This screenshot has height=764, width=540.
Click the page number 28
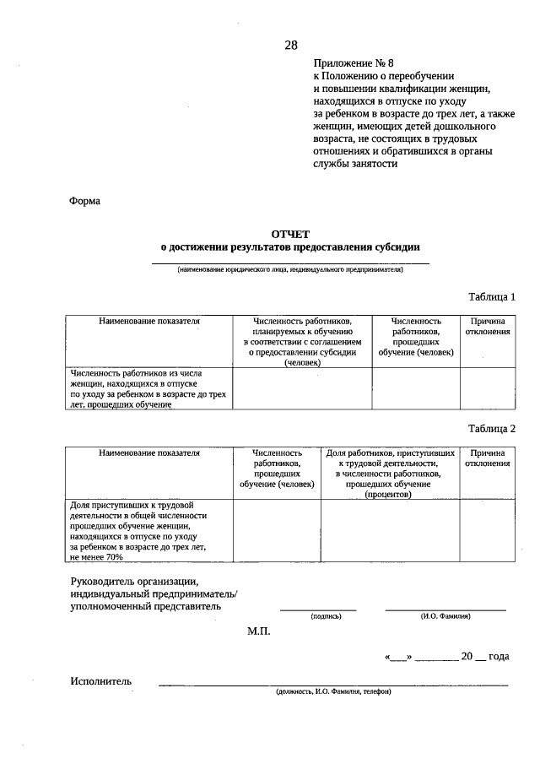click(290, 45)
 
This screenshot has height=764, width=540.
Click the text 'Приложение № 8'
click(354, 62)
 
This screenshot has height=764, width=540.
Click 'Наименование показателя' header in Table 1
click(149, 322)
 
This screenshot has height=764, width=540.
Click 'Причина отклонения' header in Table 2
click(488, 458)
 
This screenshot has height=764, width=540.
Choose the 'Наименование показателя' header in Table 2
click(149, 453)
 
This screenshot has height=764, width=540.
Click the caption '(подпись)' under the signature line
click(326, 616)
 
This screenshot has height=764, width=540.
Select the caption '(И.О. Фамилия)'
click(445, 616)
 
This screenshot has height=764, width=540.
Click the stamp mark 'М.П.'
click(259, 631)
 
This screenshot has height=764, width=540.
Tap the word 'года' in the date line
click(498, 657)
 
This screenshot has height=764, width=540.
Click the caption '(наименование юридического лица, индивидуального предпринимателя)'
click(290, 270)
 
